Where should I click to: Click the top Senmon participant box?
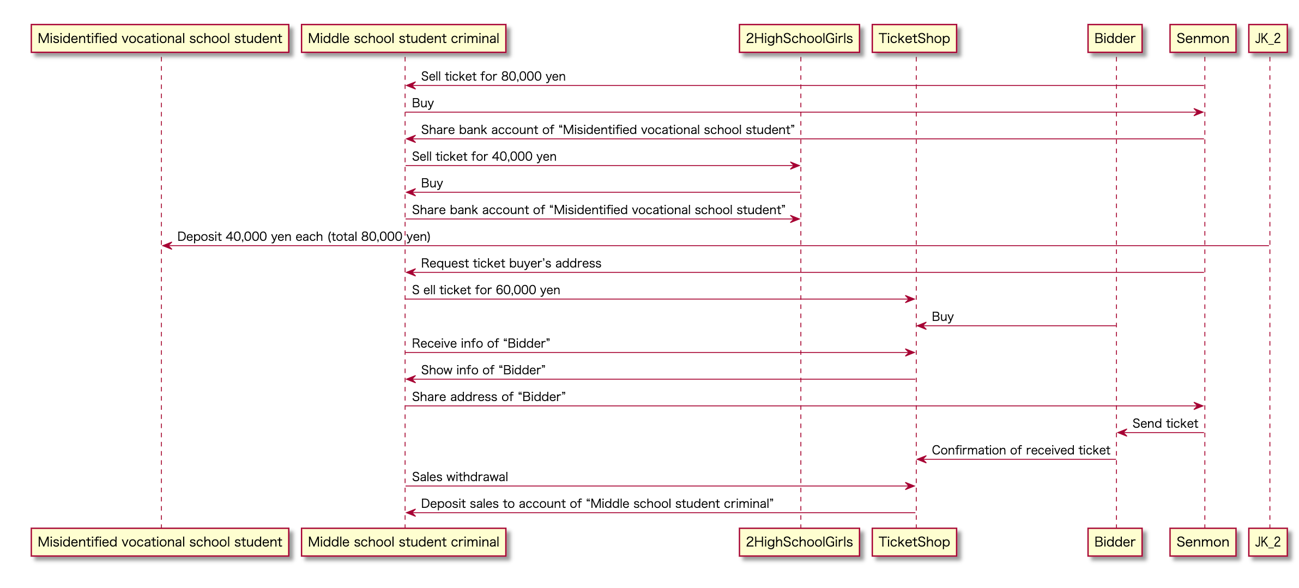1203,39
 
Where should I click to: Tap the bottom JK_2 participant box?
1267,542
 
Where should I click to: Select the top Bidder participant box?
1114,39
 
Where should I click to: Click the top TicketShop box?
914,39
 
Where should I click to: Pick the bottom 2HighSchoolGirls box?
799,542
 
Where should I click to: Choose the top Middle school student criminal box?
403,39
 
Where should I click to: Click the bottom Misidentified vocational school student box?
160,542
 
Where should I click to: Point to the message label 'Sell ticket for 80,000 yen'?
493,76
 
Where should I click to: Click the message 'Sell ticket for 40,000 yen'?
484,156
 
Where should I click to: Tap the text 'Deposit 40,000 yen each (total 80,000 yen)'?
304,237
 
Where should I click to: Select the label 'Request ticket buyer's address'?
511,263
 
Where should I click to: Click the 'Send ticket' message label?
1165,423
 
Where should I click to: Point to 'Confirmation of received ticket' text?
1020,450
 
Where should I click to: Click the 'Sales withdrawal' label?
460,477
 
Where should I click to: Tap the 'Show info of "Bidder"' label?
483,370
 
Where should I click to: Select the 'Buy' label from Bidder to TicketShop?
942,317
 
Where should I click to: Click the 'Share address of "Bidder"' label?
488,397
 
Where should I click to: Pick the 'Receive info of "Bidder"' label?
481,343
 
